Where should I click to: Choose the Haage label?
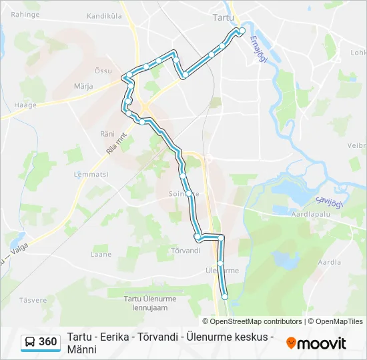tap(15, 104)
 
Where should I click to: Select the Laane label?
tap(101, 254)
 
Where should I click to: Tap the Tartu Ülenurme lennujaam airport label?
tap(150, 303)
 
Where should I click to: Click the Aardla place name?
tap(329, 263)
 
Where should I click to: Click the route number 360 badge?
tap(48, 342)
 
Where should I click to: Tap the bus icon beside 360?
tap(31, 343)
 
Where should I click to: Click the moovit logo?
tap(316, 343)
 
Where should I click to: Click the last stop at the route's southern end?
tap(225, 296)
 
